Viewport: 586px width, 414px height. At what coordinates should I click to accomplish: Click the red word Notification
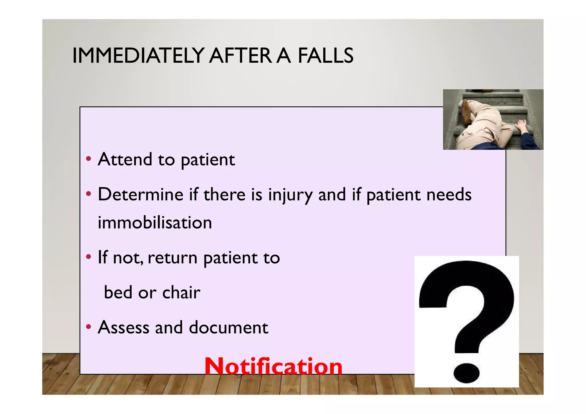[x=273, y=366]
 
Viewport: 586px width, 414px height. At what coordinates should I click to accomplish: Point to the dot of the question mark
[x=466, y=373]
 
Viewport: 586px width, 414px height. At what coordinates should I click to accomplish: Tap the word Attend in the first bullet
[x=125, y=159]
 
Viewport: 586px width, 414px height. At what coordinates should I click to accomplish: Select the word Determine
[x=140, y=194]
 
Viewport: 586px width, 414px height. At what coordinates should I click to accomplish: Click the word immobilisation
[x=155, y=222]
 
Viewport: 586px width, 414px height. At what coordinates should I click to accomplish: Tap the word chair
[x=181, y=292]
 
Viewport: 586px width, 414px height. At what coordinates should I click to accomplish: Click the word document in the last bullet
[x=228, y=327]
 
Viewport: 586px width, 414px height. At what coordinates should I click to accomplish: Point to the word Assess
[x=124, y=327]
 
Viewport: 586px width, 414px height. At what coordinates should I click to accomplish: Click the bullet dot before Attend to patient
[x=89, y=159]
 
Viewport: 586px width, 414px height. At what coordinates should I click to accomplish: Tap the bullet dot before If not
[x=89, y=257]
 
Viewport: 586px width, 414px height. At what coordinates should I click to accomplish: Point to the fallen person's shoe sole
[x=466, y=112]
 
